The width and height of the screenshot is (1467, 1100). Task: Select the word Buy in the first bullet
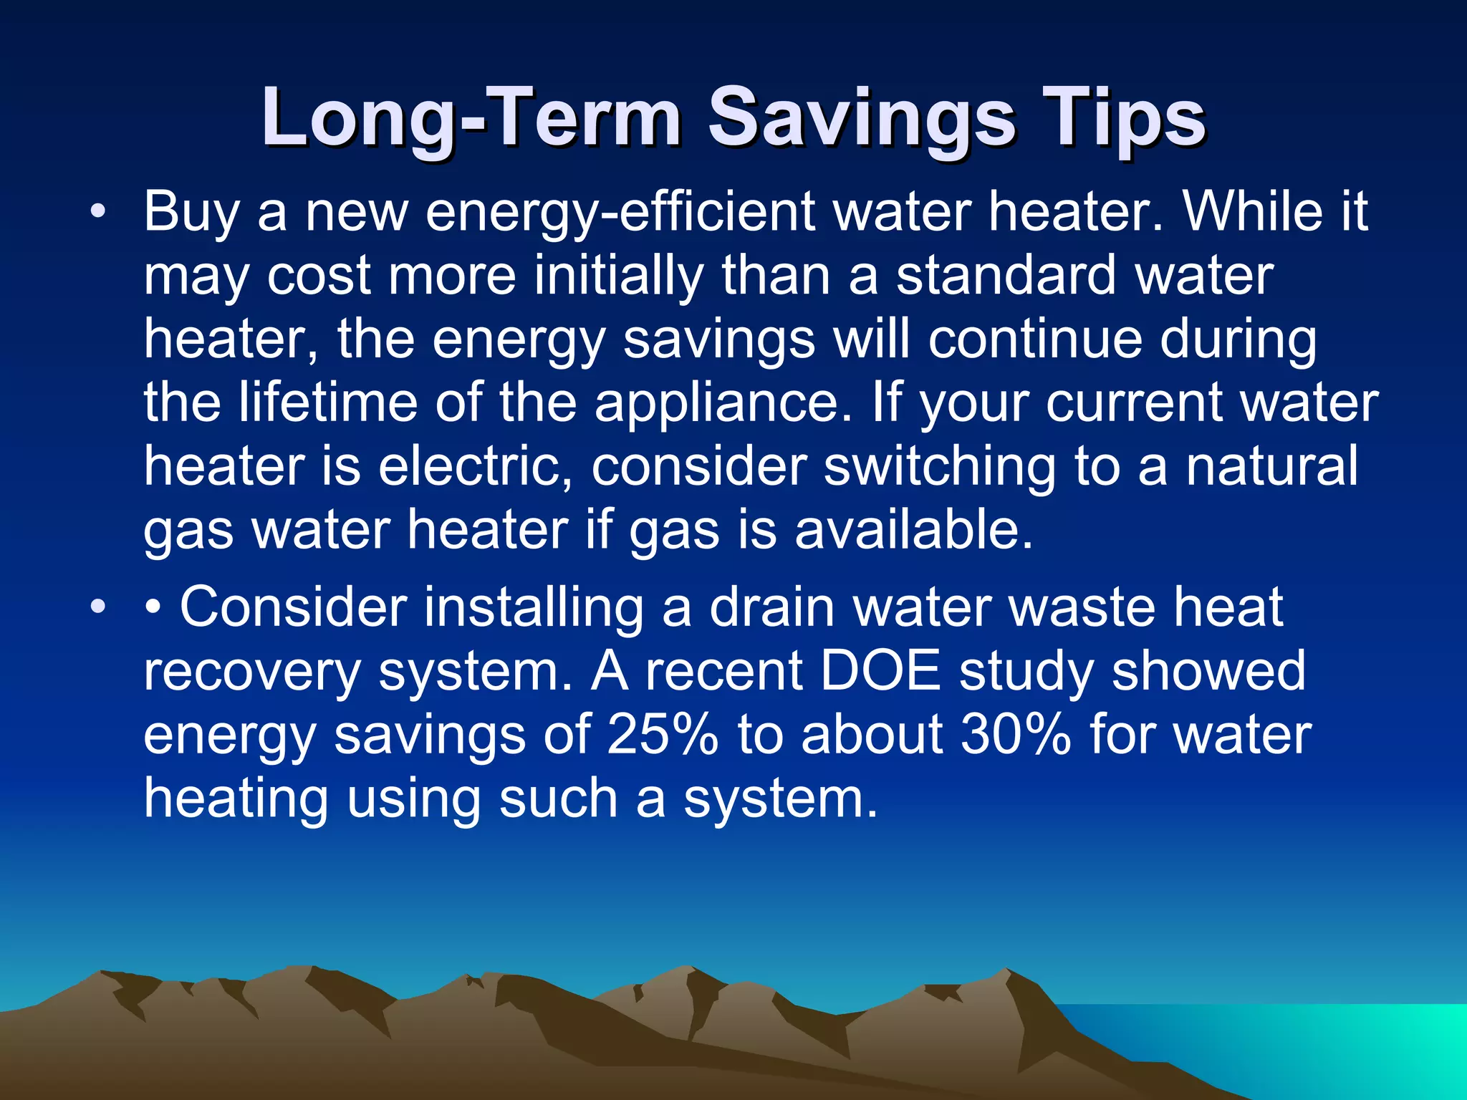coord(191,213)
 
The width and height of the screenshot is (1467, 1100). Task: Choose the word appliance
coord(723,402)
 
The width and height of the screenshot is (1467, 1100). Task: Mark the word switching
coord(939,466)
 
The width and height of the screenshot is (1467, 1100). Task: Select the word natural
coord(1271,466)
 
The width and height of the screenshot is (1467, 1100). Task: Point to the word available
coord(913,530)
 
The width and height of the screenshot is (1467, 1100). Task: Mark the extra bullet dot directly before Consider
coord(153,608)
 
